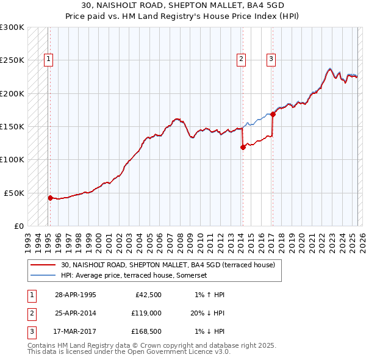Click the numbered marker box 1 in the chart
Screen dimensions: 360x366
coord(48,59)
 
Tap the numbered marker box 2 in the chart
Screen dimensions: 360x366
coord(242,59)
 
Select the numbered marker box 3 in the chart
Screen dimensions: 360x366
coord(271,59)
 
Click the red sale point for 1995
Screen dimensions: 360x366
coord(51,198)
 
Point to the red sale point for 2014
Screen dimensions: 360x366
coord(243,146)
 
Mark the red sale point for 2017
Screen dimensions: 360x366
coord(273,113)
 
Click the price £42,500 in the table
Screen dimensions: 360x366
coord(147,295)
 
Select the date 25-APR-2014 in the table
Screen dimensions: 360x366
coord(75,313)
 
